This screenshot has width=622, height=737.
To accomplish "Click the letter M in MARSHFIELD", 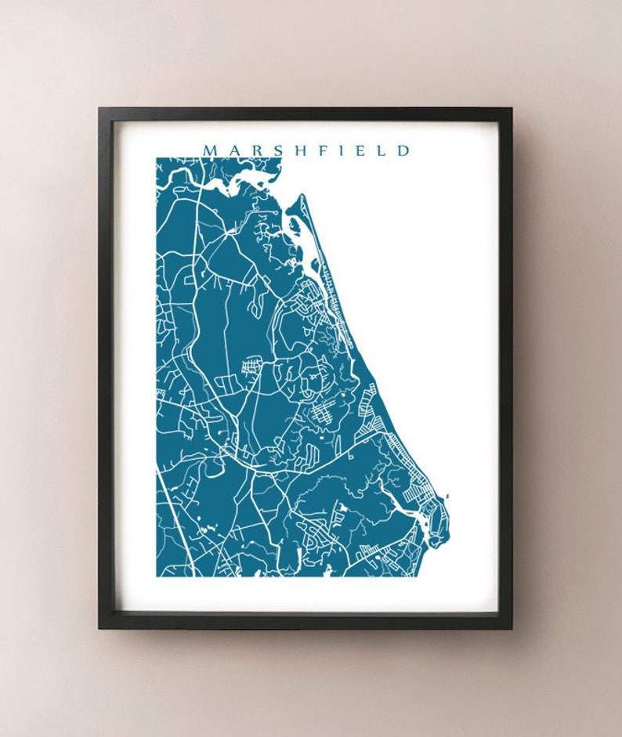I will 210,150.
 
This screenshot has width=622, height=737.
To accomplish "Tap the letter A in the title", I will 234,150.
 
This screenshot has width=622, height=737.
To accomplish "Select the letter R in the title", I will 256,150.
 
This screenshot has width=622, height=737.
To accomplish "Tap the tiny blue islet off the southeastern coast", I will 447,496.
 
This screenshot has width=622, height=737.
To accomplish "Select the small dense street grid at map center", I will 252,366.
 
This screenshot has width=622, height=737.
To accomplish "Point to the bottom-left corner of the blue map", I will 157,576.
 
